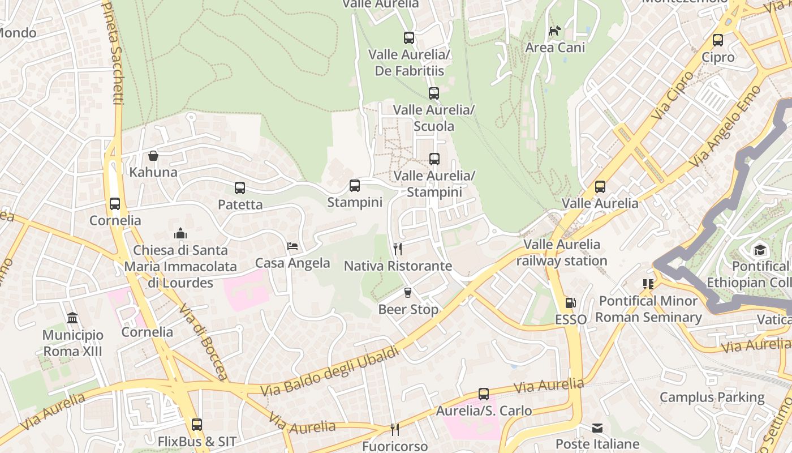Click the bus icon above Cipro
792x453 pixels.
[x=717, y=40]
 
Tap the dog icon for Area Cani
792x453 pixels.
[x=554, y=31]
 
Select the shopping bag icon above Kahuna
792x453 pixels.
[x=153, y=155]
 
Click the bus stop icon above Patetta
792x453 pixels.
[x=240, y=187]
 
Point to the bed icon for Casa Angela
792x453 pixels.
[x=292, y=246]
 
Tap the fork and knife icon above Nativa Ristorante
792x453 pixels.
[x=398, y=249]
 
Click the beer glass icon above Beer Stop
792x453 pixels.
[x=408, y=293]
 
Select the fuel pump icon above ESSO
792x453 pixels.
[x=570, y=303]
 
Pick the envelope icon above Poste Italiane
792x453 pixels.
[x=597, y=428]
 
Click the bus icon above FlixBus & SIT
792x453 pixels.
[x=196, y=424]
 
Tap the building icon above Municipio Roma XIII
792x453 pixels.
[x=72, y=318]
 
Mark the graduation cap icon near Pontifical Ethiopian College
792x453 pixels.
[x=759, y=250]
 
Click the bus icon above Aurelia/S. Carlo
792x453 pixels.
[x=483, y=394]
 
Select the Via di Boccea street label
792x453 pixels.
[x=203, y=341]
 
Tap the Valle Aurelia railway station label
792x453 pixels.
[x=561, y=253]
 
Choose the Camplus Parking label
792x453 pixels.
[x=712, y=398]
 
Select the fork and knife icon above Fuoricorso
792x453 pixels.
[x=394, y=430]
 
